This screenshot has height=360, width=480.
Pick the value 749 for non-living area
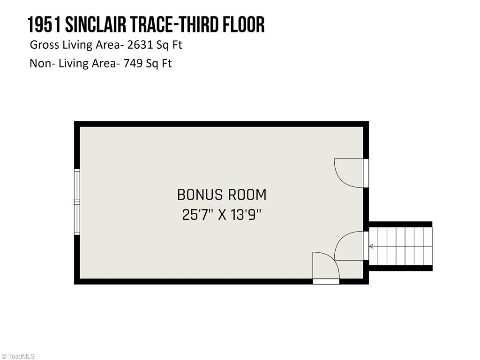click(x=133, y=63)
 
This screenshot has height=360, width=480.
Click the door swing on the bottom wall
click(x=325, y=266)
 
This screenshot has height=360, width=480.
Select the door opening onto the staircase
click(x=350, y=246)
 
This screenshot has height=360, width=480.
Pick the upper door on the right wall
click(x=350, y=173)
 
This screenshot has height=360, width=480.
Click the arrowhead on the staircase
click(x=372, y=247)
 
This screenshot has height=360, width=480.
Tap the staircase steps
click(x=401, y=247)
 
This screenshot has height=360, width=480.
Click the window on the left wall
click(x=77, y=202)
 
